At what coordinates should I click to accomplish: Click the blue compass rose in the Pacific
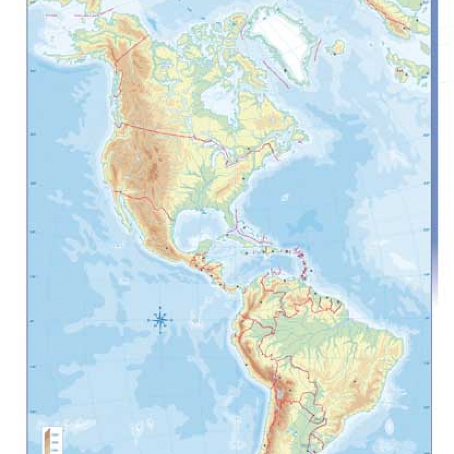point(160,321)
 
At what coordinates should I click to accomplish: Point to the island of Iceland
point(338,47)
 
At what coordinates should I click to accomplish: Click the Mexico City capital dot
point(169,248)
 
